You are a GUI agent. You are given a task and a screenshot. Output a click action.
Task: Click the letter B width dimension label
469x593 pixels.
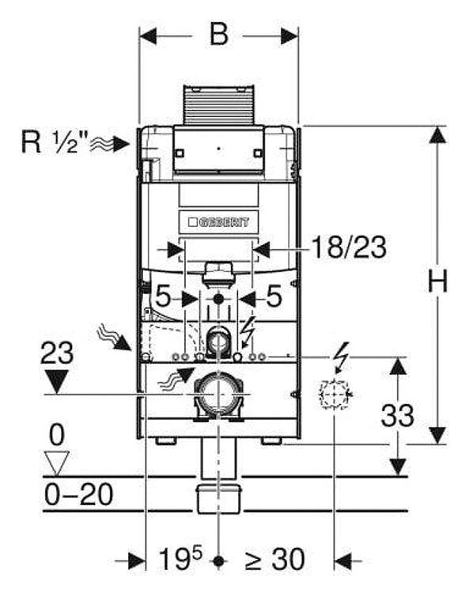pyautogui.click(x=219, y=35)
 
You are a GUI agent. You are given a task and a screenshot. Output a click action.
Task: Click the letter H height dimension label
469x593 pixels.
pyautogui.click(x=437, y=281)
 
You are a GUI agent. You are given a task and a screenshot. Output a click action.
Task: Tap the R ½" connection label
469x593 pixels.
pyautogui.click(x=55, y=142)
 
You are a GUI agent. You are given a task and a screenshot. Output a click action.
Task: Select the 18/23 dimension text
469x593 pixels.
pyautogui.click(x=349, y=247)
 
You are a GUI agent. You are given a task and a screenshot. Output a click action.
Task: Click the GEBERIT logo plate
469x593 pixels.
pyautogui.click(x=219, y=222)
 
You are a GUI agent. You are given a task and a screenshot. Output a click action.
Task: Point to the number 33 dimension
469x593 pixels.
pyautogui.click(x=397, y=415)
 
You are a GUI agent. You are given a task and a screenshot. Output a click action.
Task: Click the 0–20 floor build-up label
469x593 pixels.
pyautogui.click(x=79, y=494)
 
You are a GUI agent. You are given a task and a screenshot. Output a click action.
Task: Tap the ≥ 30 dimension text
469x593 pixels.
pyautogui.click(x=275, y=559)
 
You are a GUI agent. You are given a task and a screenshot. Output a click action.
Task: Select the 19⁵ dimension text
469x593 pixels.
pyautogui.click(x=180, y=558)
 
